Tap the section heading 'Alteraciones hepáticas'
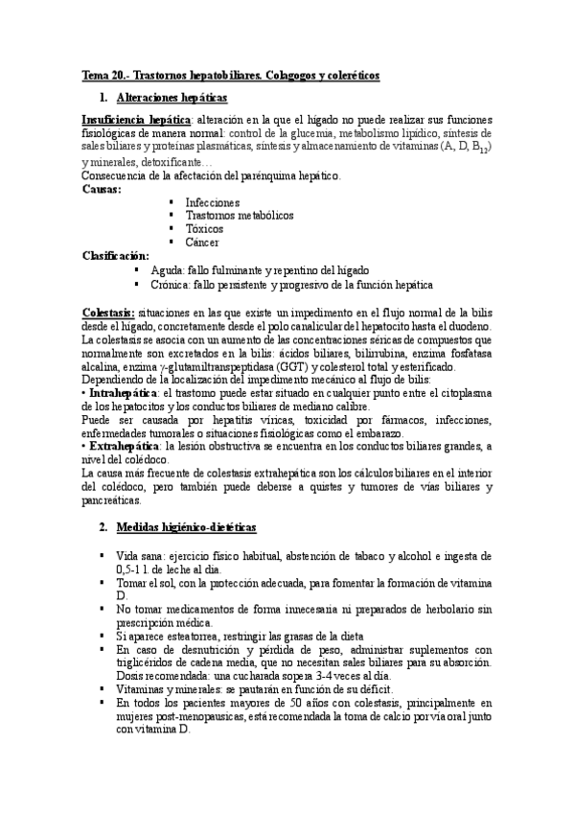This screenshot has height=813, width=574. click(x=171, y=98)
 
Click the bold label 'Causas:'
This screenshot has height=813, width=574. click(x=102, y=190)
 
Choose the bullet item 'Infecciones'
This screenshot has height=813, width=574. click(x=212, y=203)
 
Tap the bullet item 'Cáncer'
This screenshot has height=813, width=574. click(x=202, y=244)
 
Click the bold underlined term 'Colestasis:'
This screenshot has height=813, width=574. click(x=108, y=314)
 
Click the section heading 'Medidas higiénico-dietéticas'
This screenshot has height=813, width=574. click(x=184, y=528)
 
